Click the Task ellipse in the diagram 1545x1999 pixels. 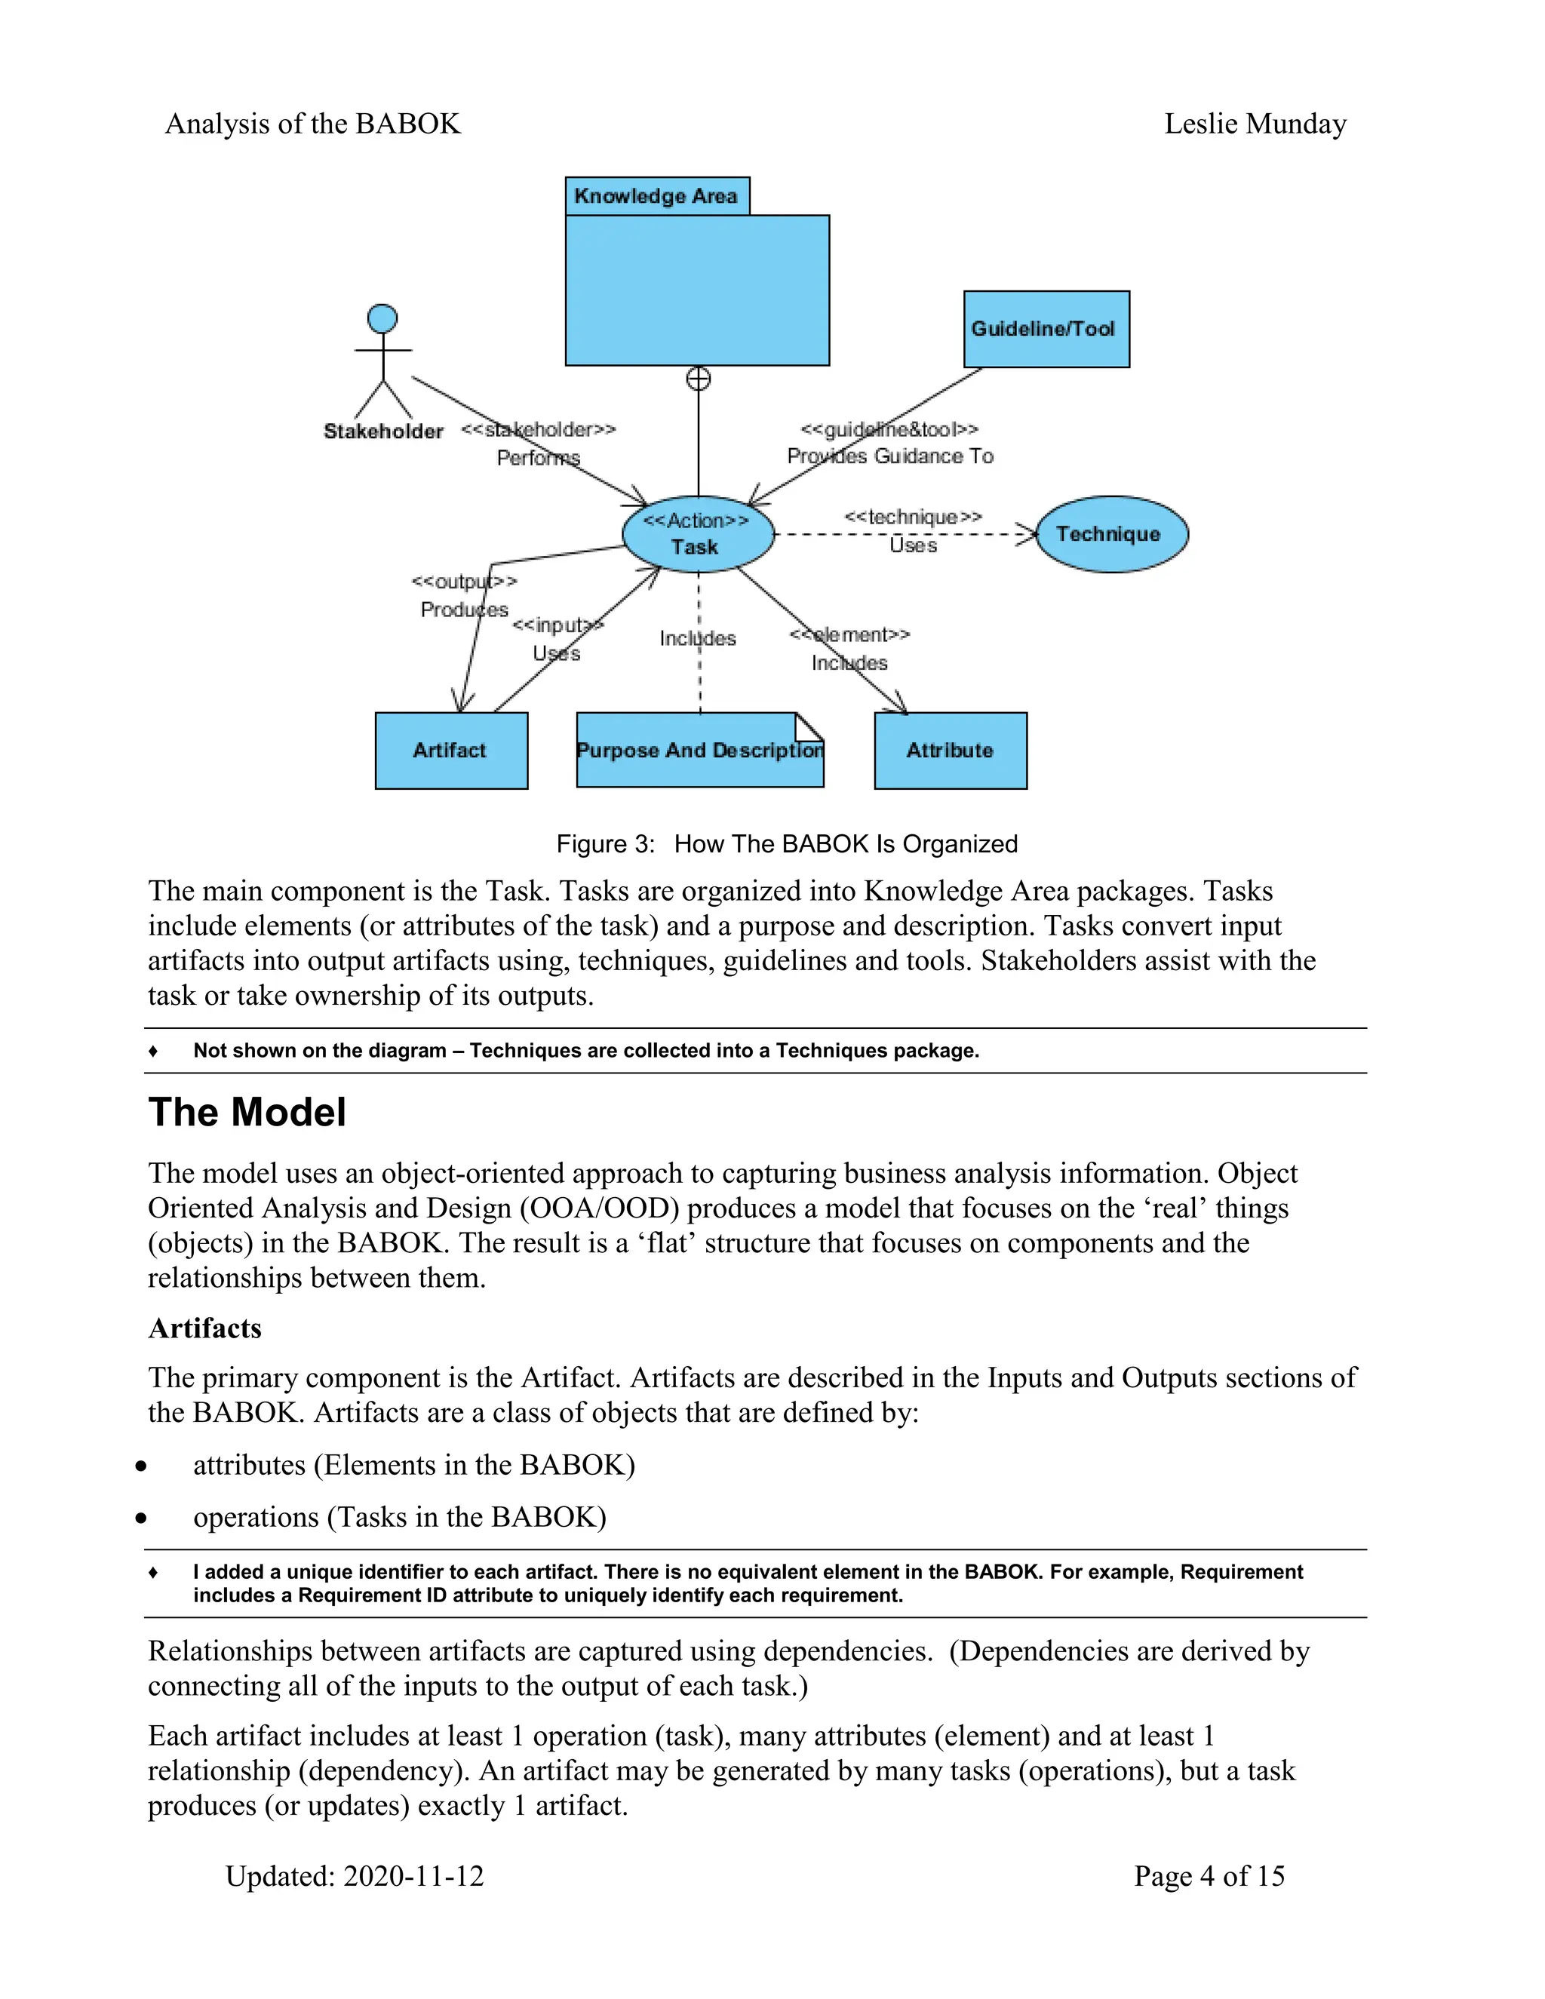point(698,535)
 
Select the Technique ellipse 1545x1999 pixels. point(1111,535)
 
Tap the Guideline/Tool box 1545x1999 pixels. point(1046,330)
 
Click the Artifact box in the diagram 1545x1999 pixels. point(450,751)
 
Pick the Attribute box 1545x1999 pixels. point(950,751)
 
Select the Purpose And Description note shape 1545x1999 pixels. point(699,751)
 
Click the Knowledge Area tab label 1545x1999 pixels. point(656,196)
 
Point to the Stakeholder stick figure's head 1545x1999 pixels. point(382,318)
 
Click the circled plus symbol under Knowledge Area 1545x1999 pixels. point(699,379)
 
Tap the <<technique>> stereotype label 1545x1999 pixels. point(913,517)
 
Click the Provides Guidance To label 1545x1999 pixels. point(889,456)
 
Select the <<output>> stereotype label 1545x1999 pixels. point(464,581)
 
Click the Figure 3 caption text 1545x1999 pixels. point(786,844)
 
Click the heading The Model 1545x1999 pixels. point(247,1113)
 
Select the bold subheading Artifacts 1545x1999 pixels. point(205,1328)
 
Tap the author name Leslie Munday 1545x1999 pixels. point(1255,124)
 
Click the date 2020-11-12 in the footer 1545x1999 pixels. point(413,1876)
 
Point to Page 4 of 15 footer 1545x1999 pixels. point(1209,1876)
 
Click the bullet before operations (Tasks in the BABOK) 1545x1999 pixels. point(141,1518)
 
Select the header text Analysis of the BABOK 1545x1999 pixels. point(312,124)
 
